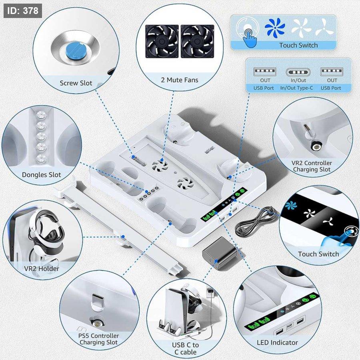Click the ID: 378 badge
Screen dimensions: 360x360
pyautogui.click(x=23, y=11)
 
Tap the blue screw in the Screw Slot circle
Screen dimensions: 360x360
pyautogui.click(x=76, y=50)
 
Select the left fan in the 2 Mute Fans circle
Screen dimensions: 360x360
pyautogui.click(x=162, y=41)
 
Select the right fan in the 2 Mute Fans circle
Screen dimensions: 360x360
pyautogui.click(x=198, y=41)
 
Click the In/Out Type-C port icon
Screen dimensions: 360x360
pyautogui.click(x=298, y=72)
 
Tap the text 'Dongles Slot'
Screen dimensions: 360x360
pyautogui.click(x=41, y=175)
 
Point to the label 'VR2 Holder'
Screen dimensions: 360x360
pyautogui.click(x=42, y=268)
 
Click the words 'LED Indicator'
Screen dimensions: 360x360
pyautogui.click(x=277, y=342)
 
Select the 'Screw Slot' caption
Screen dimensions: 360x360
pyautogui.click(x=76, y=83)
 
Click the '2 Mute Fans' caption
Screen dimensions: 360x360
pyautogui.click(x=180, y=80)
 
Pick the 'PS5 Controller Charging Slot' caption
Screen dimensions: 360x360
pyautogui.click(x=98, y=339)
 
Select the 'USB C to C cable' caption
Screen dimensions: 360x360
pyautogui.click(x=185, y=348)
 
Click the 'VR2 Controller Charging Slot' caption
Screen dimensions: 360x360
pyautogui.click(x=312, y=166)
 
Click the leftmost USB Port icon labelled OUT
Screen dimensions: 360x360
pyautogui.click(x=264, y=72)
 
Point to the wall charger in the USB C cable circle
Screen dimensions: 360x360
pyautogui.click(x=210, y=293)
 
